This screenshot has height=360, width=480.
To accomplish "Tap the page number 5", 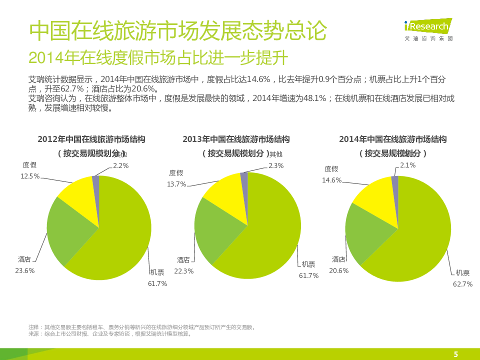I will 455,354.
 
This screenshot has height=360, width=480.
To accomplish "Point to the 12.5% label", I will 30,176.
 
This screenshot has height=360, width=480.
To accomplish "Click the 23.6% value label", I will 24,270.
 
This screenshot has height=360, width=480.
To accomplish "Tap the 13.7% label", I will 176,184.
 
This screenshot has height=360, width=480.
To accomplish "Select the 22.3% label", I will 183,271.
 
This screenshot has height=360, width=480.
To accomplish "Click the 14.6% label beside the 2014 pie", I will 331,180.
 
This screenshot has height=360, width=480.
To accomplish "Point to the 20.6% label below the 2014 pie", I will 338,270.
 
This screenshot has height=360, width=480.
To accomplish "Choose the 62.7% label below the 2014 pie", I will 462,284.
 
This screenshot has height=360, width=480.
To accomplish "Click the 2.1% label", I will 407,165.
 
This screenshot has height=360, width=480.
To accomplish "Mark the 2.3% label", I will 276,165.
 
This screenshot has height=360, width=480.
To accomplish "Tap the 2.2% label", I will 121,165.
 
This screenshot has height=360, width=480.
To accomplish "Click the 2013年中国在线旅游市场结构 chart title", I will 236,139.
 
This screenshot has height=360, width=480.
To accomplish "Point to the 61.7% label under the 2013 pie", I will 308,275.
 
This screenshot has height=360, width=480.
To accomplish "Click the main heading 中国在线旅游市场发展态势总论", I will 178,30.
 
